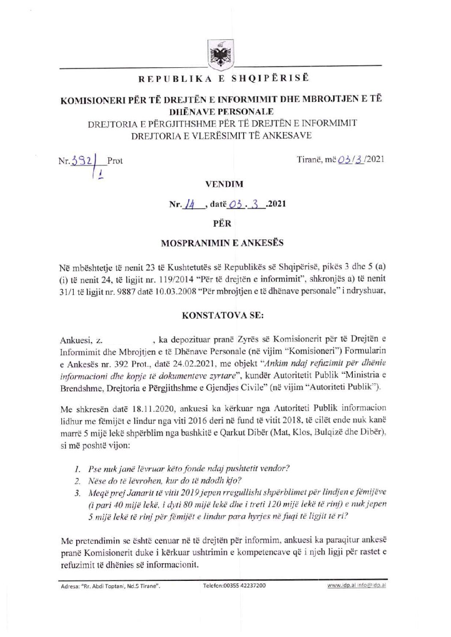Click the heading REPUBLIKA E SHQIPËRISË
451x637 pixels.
click(223, 79)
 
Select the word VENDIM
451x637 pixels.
click(224, 184)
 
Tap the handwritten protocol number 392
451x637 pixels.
click(85, 160)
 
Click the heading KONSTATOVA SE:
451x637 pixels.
click(223, 315)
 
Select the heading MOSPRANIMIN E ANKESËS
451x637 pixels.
click(222, 243)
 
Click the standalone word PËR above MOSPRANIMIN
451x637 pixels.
click(222, 224)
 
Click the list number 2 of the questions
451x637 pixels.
click(78, 481)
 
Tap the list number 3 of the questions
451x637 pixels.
click(78, 493)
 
